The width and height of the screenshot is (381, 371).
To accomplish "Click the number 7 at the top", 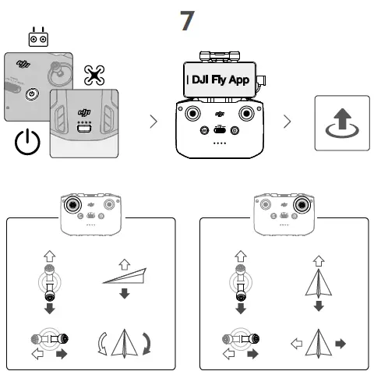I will pos(187,21).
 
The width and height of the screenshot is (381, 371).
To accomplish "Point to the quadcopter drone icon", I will pos(94,75).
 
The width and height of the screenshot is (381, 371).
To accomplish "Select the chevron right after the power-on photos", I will pos(153,122).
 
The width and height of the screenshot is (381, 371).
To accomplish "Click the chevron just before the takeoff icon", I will pos(288,122).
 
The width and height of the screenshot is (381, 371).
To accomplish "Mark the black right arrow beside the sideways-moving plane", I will pos(340,343).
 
